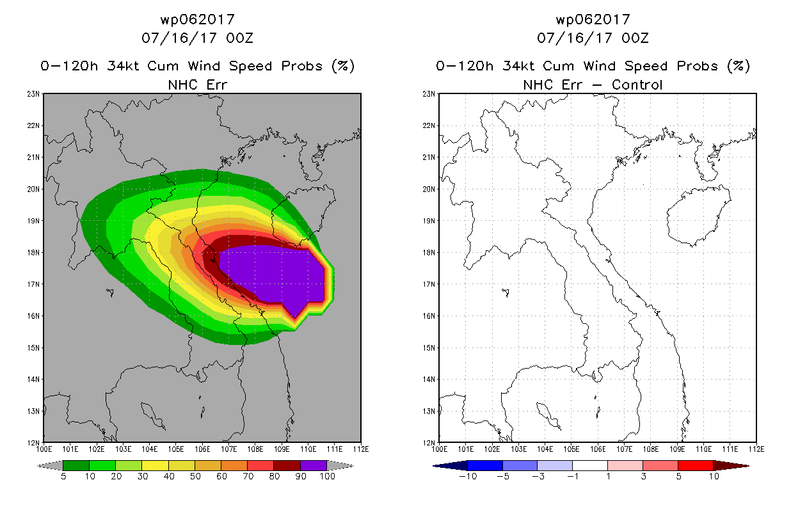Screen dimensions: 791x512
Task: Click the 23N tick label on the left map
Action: pyautogui.click(x=33, y=94)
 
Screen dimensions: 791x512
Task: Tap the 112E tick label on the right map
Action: pyautogui.click(x=756, y=449)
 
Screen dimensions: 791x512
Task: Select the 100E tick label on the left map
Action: pyautogui.click(x=44, y=449)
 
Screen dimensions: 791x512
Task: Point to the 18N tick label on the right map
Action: pyautogui.click(x=429, y=252)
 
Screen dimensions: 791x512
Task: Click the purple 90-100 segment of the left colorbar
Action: pyautogui.click(x=314, y=465)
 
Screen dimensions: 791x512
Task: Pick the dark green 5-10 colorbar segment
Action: pyautogui.click(x=76, y=465)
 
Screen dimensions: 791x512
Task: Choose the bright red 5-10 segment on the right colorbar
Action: pyautogui.click(x=696, y=465)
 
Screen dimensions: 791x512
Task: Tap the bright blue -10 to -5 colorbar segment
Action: pyautogui.click(x=485, y=465)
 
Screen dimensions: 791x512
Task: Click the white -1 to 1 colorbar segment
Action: pyautogui.click(x=590, y=465)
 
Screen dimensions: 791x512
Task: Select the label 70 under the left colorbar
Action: pyautogui.click(x=248, y=476)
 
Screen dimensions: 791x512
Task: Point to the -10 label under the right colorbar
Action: pyautogui.click(x=468, y=476)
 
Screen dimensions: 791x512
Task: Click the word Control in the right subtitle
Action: pyautogui.click(x=637, y=84)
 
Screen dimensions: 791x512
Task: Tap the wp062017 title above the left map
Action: pyautogui.click(x=198, y=19)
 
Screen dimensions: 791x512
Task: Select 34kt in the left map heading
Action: pyautogui.click(x=124, y=66)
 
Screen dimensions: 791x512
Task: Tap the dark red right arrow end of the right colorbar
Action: pyautogui.click(x=731, y=466)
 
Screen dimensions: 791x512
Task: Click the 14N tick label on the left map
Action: pyautogui.click(x=33, y=380)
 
